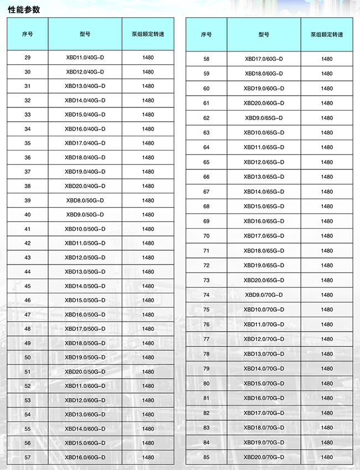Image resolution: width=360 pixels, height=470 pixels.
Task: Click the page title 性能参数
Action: click(24, 9)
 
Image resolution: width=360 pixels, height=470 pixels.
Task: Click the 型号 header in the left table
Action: click(85, 34)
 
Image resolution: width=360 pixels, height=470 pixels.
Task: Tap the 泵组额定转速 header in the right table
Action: click(327, 34)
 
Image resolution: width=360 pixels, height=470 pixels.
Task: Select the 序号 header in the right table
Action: click(206, 34)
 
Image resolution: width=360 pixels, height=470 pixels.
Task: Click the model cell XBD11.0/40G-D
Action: click(85, 58)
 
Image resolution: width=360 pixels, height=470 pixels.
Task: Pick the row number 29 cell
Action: click(28, 58)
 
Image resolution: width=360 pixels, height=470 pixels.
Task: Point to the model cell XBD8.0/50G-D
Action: click(85, 200)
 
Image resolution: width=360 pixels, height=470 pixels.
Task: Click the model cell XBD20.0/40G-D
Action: click(85, 186)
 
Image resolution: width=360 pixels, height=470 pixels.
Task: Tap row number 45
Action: click(28, 286)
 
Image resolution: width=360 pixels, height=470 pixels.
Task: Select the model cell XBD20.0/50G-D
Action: click(85, 372)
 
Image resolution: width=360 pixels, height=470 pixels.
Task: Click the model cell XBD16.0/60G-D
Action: click(85, 457)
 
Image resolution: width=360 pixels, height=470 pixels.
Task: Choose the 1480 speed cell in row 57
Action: click(148, 457)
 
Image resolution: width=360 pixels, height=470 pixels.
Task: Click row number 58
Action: click(207, 59)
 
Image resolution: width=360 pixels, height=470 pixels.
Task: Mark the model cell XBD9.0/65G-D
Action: click(264, 118)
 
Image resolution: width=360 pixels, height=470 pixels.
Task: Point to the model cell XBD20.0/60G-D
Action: click(264, 103)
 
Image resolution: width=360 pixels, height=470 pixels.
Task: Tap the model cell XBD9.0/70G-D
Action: click(264, 295)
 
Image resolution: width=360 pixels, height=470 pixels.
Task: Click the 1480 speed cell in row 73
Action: click(327, 280)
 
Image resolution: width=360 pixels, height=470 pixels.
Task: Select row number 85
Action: click(207, 457)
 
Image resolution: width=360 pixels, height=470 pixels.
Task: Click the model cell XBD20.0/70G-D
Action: click(264, 457)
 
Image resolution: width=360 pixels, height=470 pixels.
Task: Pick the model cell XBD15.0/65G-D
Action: click(264, 206)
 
